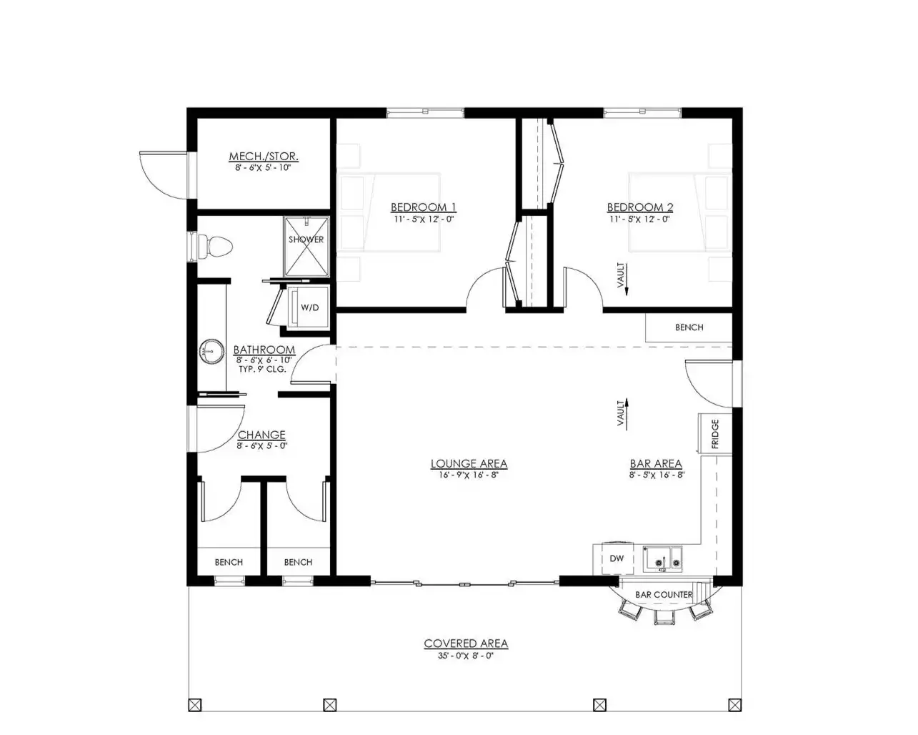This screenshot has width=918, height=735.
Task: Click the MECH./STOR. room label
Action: (264, 157)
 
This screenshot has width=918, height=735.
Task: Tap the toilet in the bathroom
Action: (216, 247)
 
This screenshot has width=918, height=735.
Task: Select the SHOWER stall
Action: (306, 247)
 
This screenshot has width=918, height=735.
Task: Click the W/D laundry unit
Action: (309, 307)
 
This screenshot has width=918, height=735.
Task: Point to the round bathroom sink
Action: (211, 352)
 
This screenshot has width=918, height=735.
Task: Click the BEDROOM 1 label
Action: (423, 207)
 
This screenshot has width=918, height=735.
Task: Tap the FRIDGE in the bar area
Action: (715, 434)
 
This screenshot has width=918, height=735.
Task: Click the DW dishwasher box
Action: (617, 558)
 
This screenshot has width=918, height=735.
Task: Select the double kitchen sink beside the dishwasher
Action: (662, 558)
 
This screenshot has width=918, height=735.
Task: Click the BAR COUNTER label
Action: (664, 594)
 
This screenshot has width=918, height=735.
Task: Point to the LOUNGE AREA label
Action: (469, 463)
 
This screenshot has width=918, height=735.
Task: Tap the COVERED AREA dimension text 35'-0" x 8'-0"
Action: (466, 656)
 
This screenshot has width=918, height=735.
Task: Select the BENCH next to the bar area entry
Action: (689, 327)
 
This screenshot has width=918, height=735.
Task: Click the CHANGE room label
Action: (261, 435)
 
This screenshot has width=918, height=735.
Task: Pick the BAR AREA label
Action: (656, 463)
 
